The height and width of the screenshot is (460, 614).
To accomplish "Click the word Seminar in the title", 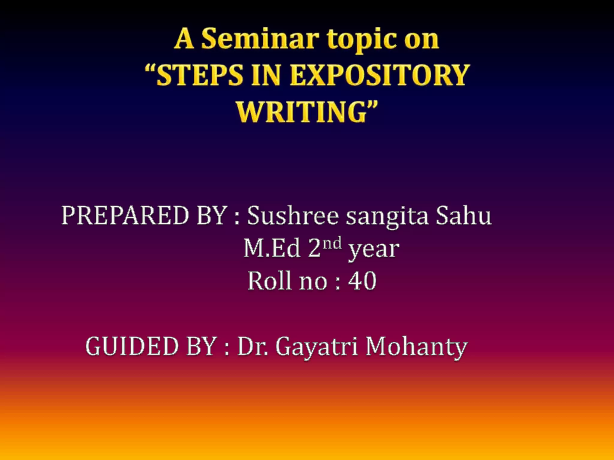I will (x=259, y=39).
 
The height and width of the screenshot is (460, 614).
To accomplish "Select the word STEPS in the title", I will (x=199, y=75).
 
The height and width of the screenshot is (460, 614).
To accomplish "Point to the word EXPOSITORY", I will (x=379, y=75).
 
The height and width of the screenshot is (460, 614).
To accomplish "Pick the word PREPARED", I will (x=125, y=215).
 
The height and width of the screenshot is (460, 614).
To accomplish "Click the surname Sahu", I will (x=463, y=215).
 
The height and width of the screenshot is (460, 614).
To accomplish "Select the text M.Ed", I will (x=272, y=248).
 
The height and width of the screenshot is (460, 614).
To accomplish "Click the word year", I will (x=374, y=250).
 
